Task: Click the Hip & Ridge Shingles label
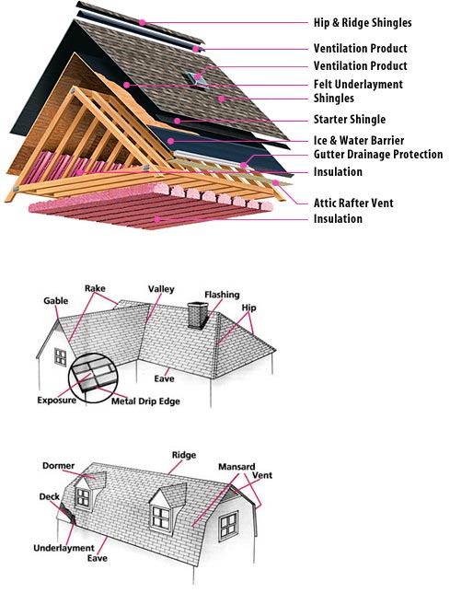click(363, 23)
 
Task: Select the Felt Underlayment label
click(358, 84)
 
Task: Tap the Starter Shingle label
click(350, 120)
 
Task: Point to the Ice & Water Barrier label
click(359, 140)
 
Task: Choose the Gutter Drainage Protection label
click(378, 155)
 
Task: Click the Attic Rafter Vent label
click(353, 203)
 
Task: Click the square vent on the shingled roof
click(196, 79)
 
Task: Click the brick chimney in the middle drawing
click(199, 315)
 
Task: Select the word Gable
click(55, 301)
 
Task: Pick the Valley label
click(161, 289)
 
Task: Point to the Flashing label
click(222, 295)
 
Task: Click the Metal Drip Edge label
click(145, 401)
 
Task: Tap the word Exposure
click(57, 401)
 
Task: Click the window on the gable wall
click(61, 357)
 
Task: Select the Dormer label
click(59, 466)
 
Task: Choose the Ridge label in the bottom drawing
click(184, 455)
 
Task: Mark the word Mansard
click(237, 467)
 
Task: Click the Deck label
click(50, 496)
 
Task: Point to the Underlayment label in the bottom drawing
click(63, 548)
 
